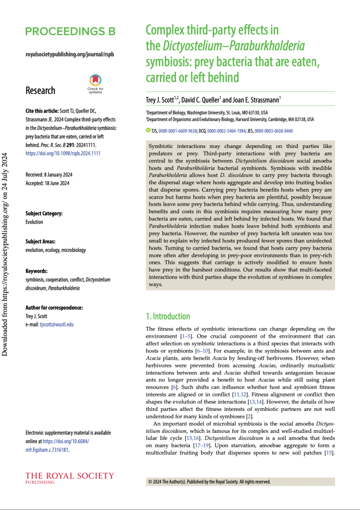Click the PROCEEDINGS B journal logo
coord(70,32)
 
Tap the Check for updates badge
coord(95,83)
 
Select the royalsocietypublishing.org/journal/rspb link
coord(69,54)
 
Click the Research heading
coord(40,91)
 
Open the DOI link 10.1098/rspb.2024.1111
coord(63,153)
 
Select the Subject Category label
coord(44,214)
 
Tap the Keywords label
coord(36,271)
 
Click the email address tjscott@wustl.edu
coord(56,324)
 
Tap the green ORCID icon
coord(147,130)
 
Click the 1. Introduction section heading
coord(167,316)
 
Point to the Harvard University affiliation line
coord(230,120)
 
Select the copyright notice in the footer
coord(209,482)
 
